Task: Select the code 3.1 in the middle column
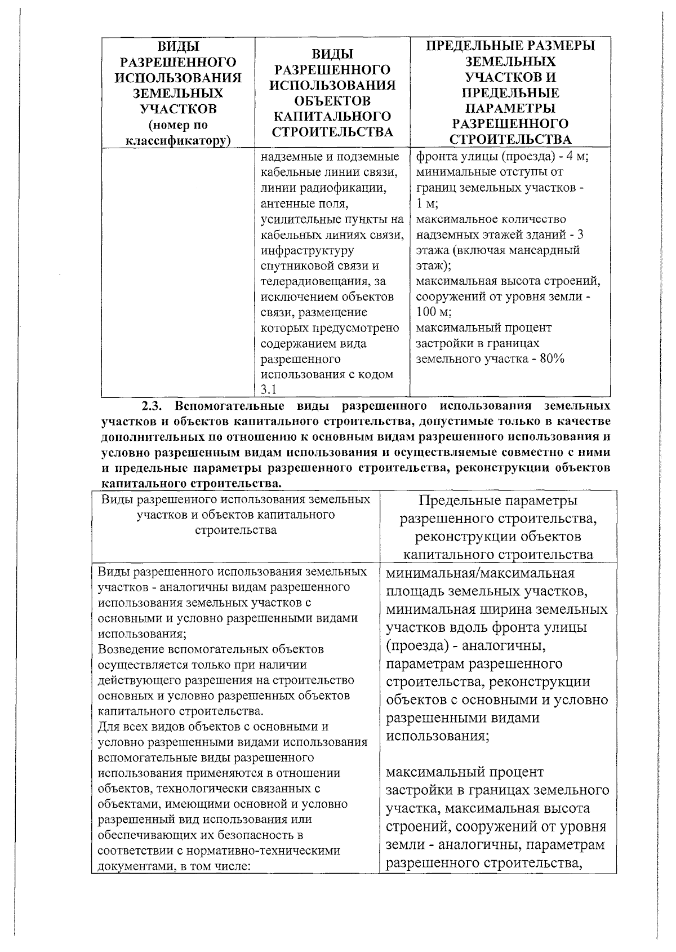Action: [x=266, y=389]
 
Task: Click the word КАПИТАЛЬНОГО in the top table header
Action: [x=332, y=117]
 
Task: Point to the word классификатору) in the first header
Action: [x=178, y=140]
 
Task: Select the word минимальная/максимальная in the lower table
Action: [x=480, y=574]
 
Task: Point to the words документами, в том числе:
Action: [x=174, y=866]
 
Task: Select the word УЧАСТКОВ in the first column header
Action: [x=178, y=109]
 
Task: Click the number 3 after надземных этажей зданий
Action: [x=580, y=234]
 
